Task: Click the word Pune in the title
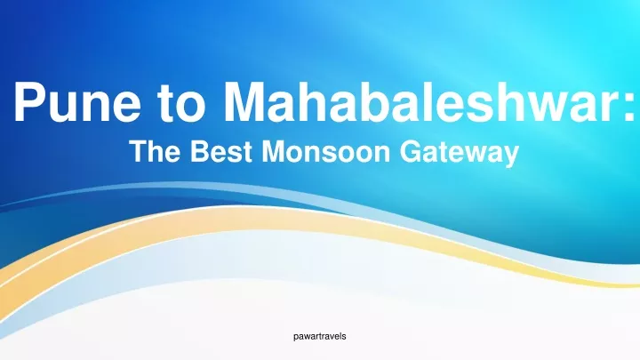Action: [77, 101]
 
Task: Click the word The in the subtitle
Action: [155, 151]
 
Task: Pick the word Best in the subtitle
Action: [220, 151]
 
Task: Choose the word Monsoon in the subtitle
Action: [325, 151]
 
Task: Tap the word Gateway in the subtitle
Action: [460, 154]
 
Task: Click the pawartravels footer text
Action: [320, 336]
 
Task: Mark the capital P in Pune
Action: [31, 101]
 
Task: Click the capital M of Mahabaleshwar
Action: [245, 101]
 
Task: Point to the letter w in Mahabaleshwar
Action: [550, 107]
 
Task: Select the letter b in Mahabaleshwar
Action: [356, 101]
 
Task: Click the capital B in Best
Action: [200, 151]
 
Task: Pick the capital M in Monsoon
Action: [275, 151]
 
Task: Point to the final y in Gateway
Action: [511, 156]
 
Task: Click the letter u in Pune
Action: [68, 108]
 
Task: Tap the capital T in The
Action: [139, 151]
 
